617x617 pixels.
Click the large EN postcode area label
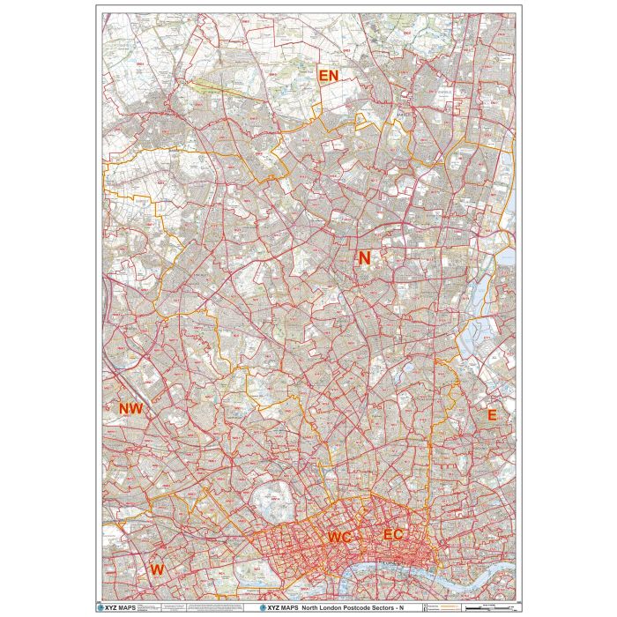[328, 77]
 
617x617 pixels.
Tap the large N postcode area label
[363, 257]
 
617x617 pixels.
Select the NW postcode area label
[130, 409]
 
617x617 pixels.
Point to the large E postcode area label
[492, 414]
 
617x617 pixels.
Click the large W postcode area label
[157, 569]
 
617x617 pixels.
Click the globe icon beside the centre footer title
[260, 607]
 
